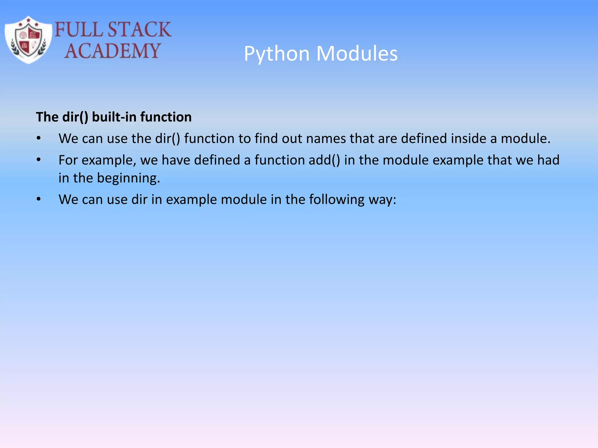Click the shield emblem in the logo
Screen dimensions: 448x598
(28, 40)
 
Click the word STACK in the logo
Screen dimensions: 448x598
(139, 29)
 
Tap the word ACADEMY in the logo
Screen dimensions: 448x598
(112, 51)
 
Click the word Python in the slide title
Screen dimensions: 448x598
(277, 54)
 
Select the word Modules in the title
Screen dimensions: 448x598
(357, 54)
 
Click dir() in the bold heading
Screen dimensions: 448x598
(75, 117)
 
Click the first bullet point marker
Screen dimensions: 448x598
(39, 138)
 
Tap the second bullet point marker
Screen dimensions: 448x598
(39, 160)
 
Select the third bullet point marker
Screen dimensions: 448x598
(39, 199)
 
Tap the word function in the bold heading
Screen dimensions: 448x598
(166, 117)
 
